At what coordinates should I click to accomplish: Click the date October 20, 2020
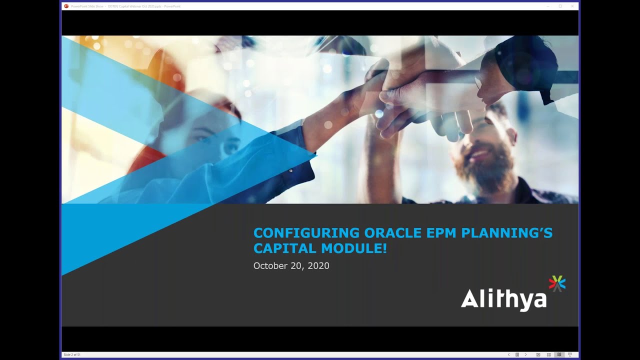tap(291, 266)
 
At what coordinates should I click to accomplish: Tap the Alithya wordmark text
tap(503, 299)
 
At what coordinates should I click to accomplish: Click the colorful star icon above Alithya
tap(557, 283)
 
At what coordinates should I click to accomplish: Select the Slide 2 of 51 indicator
tap(72, 354)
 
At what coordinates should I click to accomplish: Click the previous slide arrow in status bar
tap(509, 354)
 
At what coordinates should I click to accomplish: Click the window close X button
tap(572, 6)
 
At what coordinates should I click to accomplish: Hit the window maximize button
tap(560, 6)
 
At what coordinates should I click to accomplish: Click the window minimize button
tap(548, 6)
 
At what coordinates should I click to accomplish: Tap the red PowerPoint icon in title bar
tap(66, 6)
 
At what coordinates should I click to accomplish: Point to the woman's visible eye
tap(229, 147)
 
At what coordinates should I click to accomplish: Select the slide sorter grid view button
tap(548, 354)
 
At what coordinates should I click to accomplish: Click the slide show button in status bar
tap(569, 354)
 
